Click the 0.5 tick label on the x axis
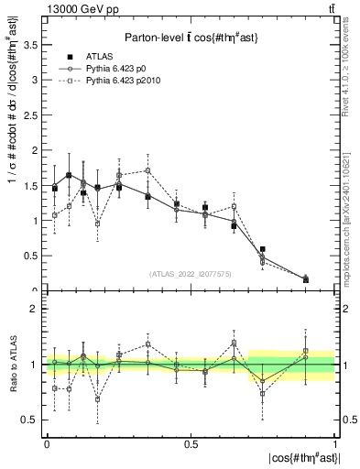pyautogui.click(x=190, y=442)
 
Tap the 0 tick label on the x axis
pyautogui.click(x=47, y=442)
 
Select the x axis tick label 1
pyautogui.click(x=335, y=442)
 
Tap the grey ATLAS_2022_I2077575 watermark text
pyautogui.click(x=191, y=274)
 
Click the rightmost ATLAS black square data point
pyautogui.click(x=305, y=279)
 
